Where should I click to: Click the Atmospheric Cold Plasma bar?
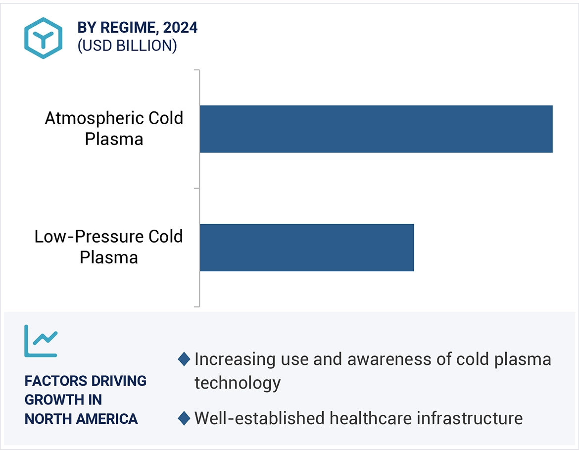click(x=376, y=129)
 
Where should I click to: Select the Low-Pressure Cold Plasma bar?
click(x=307, y=248)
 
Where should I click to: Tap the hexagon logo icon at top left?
click(x=44, y=38)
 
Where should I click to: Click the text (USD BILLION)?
click(x=127, y=46)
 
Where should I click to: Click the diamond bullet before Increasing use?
click(x=184, y=359)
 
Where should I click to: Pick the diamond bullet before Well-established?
click(x=184, y=418)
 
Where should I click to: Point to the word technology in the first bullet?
click(x=238, y=383)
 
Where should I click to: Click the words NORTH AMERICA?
click(x=81, y=419)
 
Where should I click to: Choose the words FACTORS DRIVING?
click(x=86, y=381)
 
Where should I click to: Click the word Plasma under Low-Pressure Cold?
click(x=109, y=257)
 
